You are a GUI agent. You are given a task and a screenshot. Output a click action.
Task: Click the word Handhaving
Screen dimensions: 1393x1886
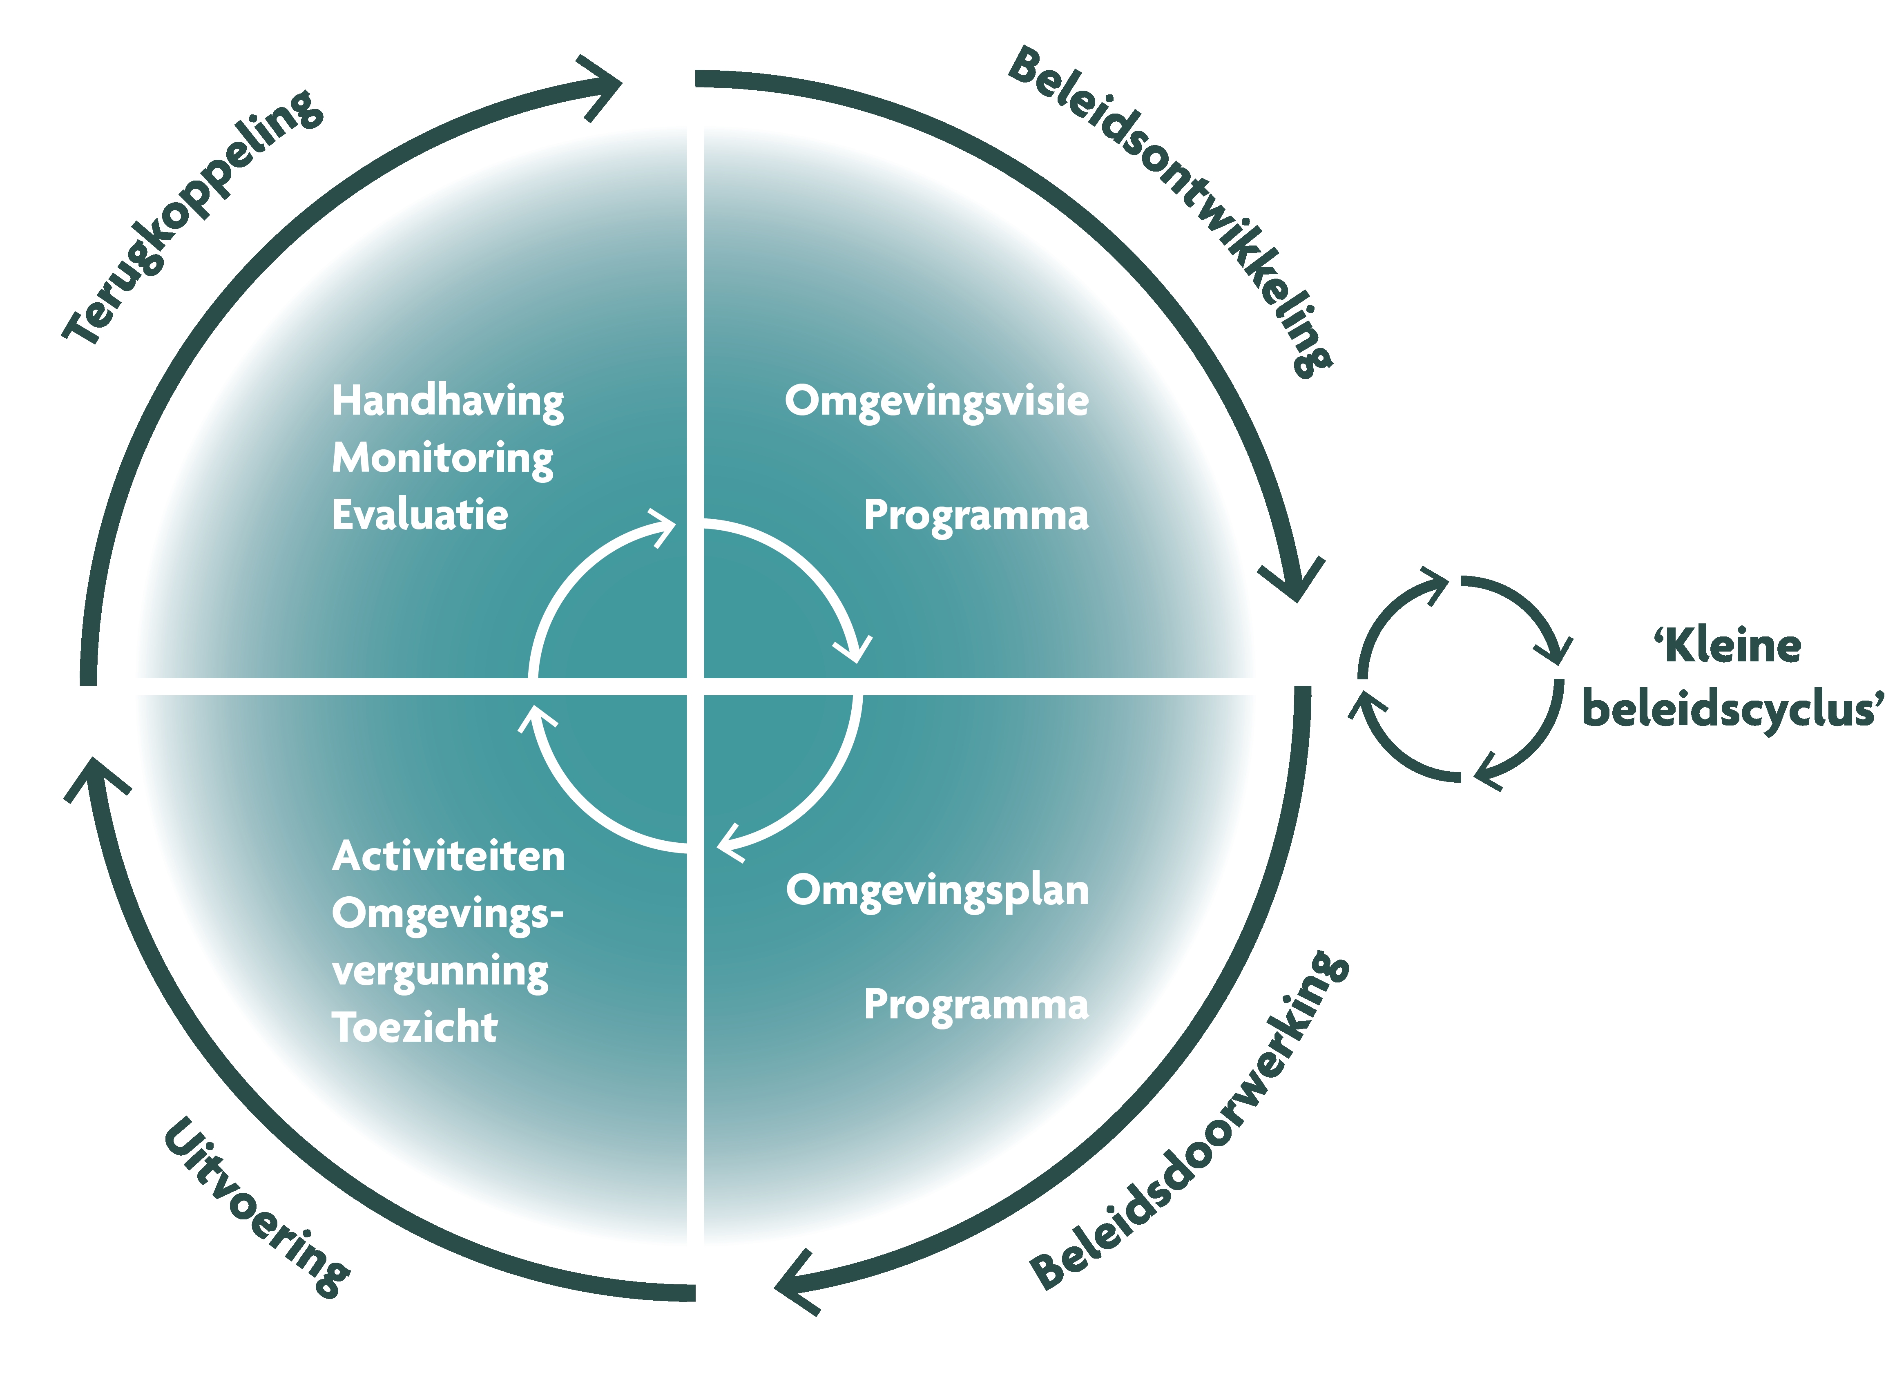point(447,402)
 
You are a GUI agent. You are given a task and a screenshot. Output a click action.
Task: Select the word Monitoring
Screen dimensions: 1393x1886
point(442,459)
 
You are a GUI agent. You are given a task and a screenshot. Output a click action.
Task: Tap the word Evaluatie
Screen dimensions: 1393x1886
point(419,515)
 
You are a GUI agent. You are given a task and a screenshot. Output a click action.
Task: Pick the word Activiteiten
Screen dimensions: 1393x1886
point(448,857)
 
